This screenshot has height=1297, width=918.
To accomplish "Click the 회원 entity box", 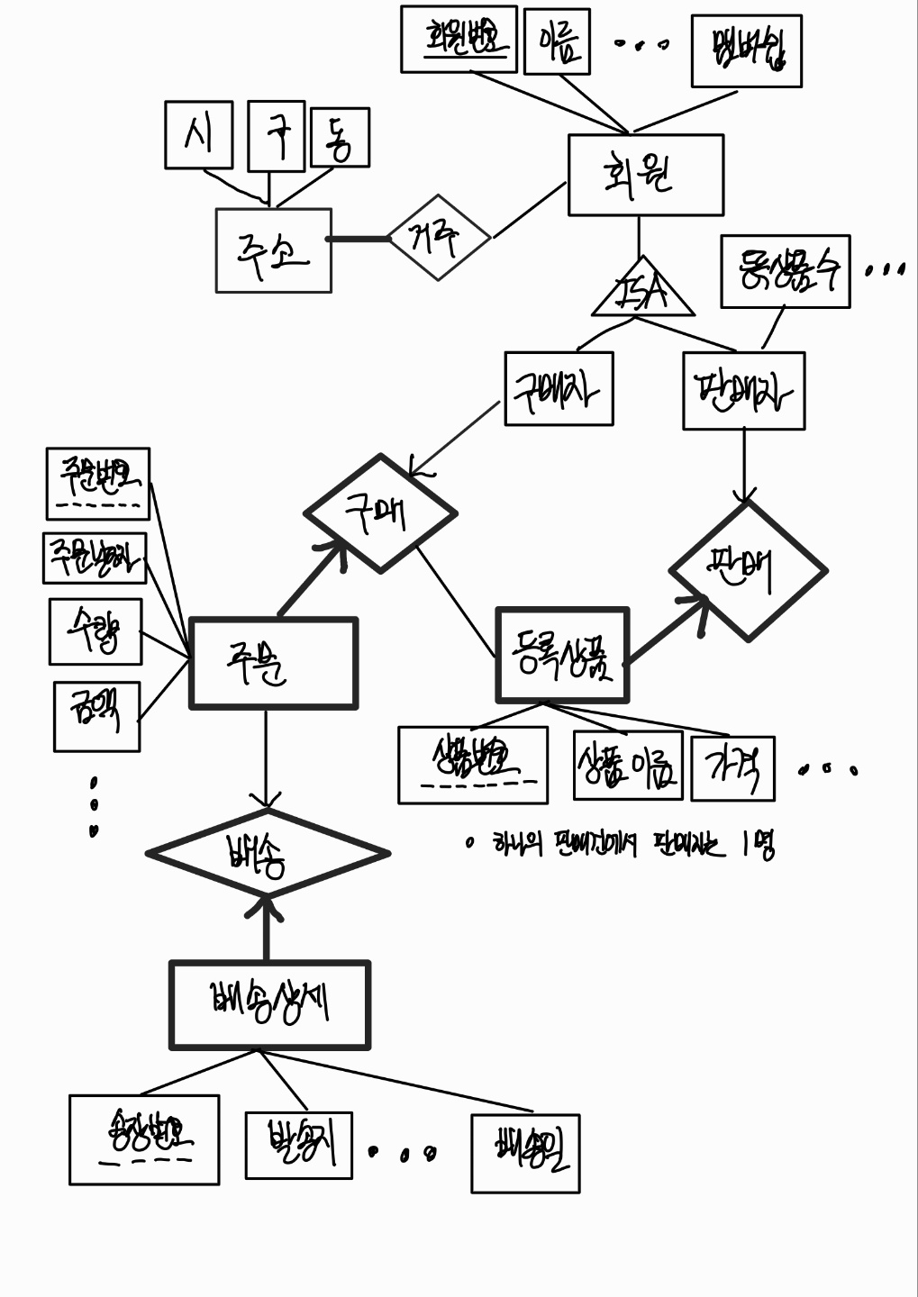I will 645,175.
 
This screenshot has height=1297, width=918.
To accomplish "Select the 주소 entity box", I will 273,250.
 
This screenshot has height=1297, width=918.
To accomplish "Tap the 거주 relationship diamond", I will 439,238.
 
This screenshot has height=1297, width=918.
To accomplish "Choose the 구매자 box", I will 559,388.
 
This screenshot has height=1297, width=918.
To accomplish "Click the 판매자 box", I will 743,391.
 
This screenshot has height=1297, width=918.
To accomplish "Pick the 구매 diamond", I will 380,513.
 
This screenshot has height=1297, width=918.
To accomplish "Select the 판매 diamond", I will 748,571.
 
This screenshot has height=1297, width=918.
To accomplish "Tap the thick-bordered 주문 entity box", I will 273,663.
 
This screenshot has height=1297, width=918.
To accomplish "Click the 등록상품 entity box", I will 562,655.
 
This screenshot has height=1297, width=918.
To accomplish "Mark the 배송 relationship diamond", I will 268,853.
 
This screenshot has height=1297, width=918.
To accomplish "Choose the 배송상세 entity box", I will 269,1004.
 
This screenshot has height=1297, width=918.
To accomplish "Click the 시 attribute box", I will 198,135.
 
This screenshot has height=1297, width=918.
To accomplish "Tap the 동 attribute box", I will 339,138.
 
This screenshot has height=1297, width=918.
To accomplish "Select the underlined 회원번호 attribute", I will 459,39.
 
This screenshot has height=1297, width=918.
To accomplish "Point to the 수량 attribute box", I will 95,631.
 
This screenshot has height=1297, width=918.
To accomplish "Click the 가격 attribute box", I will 732,768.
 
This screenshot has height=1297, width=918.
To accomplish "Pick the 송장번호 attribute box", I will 144,1138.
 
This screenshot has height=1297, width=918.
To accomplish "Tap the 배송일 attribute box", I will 525,1153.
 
